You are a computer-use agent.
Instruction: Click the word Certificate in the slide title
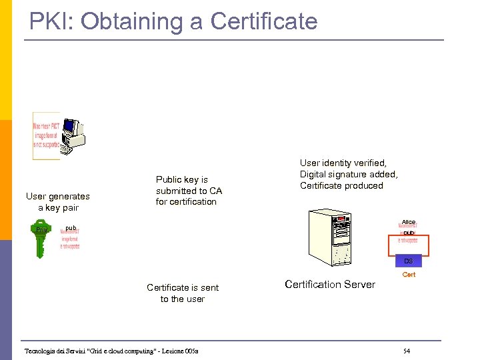pyautogui.click(x=263, y=21)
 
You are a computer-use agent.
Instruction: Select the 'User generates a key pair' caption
pyautogui.click(x=57, y=201)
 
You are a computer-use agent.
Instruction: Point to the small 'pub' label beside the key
pyautogui.click(x=71, y=228)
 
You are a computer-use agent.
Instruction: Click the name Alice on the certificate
pyautogui.click(x=409, y=222)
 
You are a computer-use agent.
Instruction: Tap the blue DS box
pyautogui.click(x=409, y=261)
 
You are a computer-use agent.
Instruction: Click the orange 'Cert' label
pyautogui.click(x=409, y=275)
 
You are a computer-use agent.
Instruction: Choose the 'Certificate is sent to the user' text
pyautogui.click(x=183, y=293)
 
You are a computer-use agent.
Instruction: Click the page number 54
pyautogui.click(x=407, y=351)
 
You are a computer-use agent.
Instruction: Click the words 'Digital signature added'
pyautogui.click(x=348, y=174)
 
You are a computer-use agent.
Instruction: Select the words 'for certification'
pyautogui.click(x=186, y=201)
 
